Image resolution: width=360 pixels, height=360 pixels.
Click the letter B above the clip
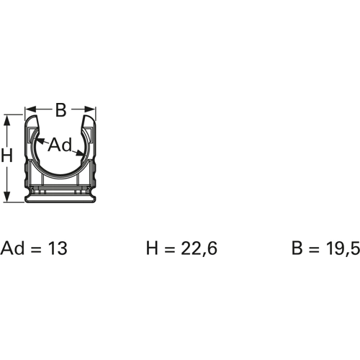click(61, 110)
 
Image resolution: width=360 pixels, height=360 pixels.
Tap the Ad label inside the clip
click(60, 145)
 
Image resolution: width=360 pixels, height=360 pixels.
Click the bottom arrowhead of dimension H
click(6, 199)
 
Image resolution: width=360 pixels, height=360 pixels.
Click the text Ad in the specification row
click(12, 249)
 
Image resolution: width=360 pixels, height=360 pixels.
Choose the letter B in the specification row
click(297, 249)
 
